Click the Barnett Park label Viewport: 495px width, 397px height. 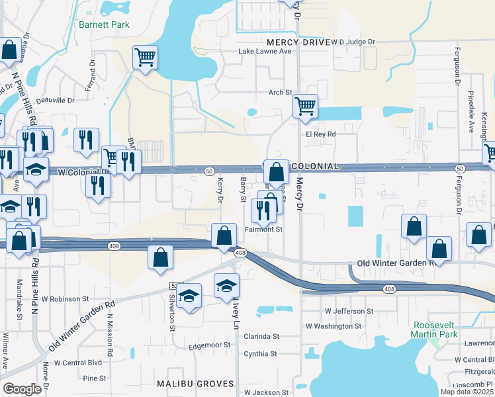(x=103, y=24)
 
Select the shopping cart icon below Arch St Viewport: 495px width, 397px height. (x=304, y=105)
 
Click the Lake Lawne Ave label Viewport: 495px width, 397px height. (x=265, y=51)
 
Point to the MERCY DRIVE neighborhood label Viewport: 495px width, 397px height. (x=297, y=42)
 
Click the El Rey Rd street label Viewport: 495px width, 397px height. (x=321, y=134)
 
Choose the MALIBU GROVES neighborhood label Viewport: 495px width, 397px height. (x=195, y=384)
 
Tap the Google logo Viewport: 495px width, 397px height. (x=22, y=389)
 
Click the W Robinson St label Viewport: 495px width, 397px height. (x=65, y=299)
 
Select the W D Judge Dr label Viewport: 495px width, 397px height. (x=353, y=42)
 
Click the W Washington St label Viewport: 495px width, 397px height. (x=334, y=326)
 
